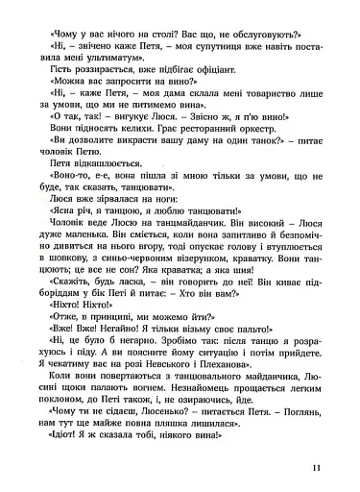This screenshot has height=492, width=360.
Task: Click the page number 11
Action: click(x=330, y=468)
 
